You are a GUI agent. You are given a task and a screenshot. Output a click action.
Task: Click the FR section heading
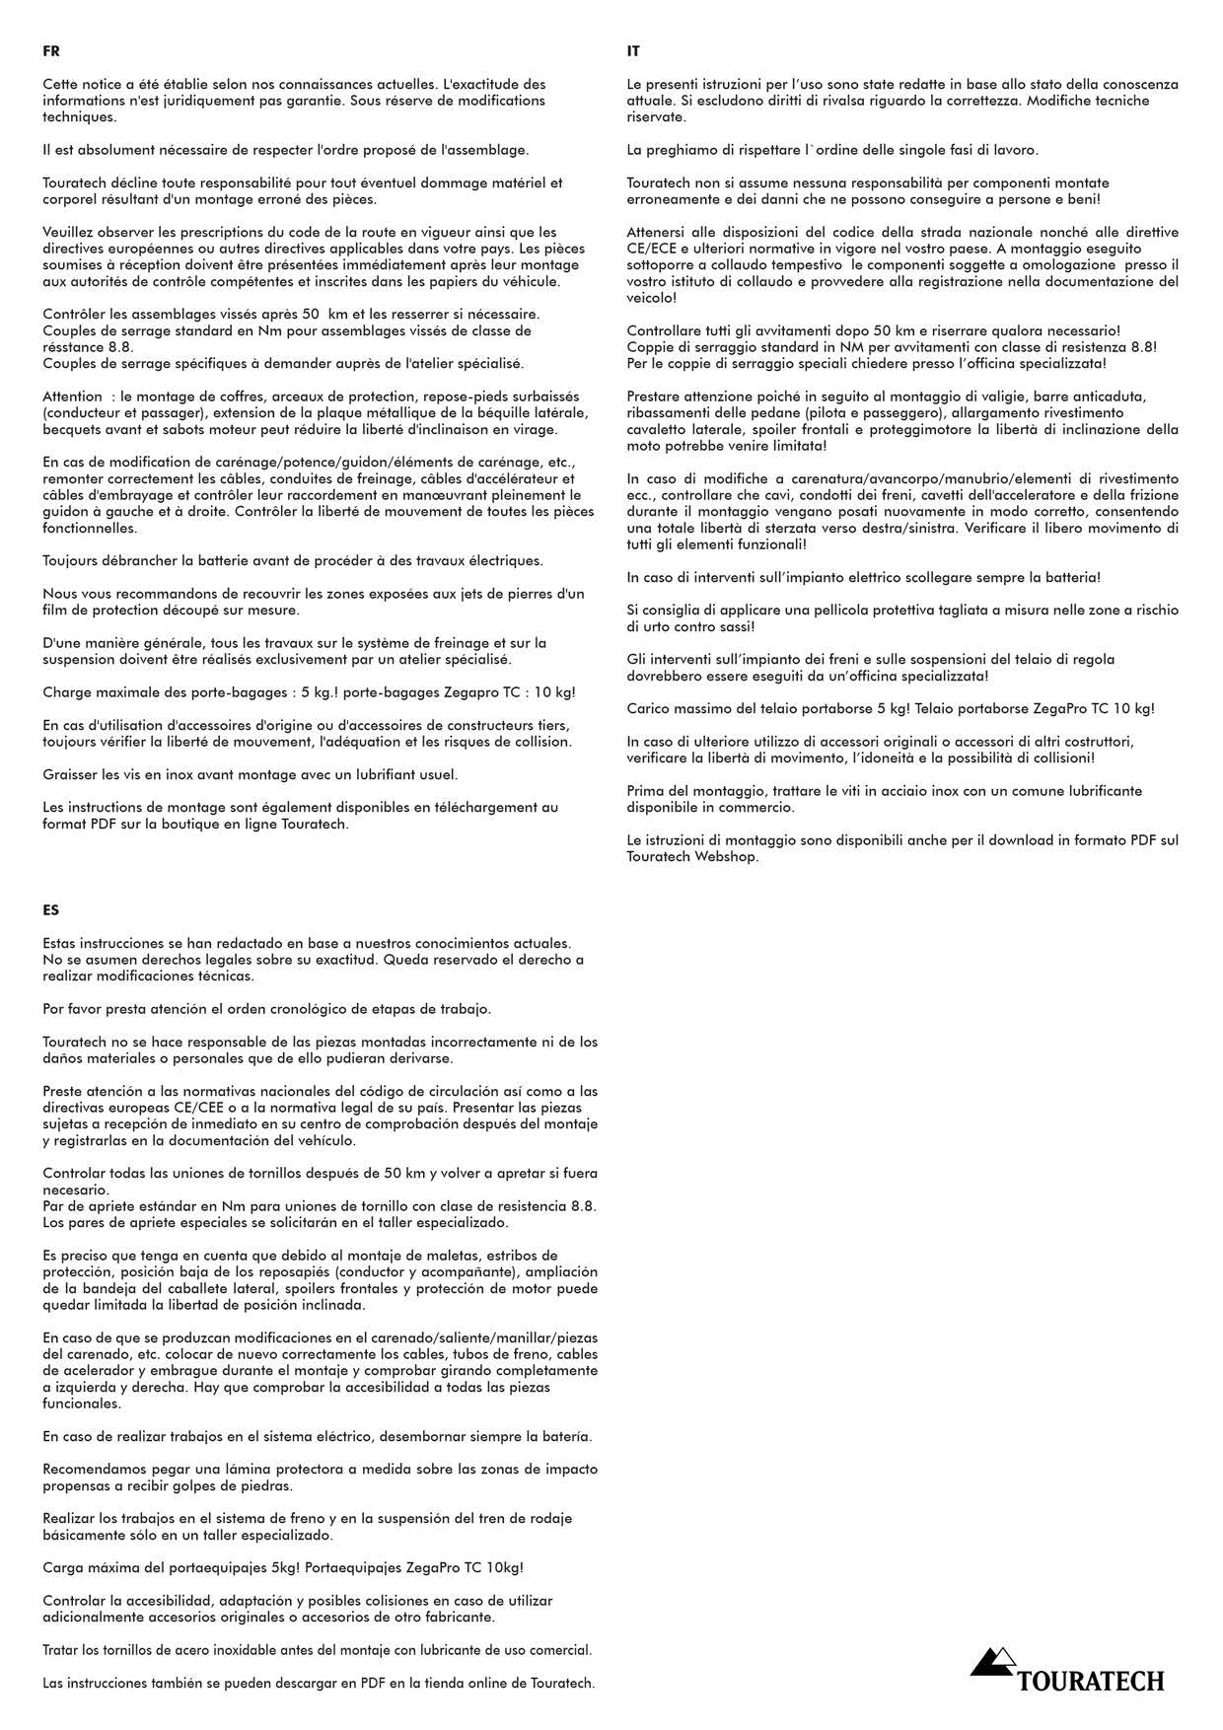[x=51, y=51]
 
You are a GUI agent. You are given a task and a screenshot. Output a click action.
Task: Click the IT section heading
[x=633, y=51]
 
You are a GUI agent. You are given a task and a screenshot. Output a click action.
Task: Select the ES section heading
[x=51, y=910]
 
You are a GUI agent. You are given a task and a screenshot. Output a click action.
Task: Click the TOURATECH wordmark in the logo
[x=1091, y=1681]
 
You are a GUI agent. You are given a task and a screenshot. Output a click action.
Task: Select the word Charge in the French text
[x=66, y=692]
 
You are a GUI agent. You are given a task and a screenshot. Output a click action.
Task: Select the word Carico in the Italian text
[x=649, y=709]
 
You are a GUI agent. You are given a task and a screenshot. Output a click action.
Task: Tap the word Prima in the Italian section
[x=645, y=791]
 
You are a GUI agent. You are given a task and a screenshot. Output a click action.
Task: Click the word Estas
[x=61, y=944]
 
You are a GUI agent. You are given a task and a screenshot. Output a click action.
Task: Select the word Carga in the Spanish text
[x=62, y=1568]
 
